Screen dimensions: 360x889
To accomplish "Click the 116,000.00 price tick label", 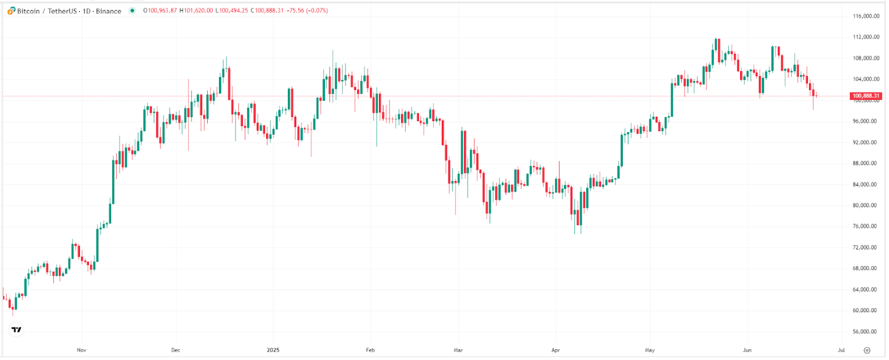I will pos(866,16).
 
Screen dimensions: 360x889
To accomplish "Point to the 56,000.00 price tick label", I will pos(866,332).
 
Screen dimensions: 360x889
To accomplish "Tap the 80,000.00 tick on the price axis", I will pos(866,206).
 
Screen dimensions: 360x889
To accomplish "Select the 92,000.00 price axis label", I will pos(866,142).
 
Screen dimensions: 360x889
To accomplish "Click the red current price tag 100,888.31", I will pos(866,96).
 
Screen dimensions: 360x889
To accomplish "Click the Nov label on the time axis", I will pos(82,350).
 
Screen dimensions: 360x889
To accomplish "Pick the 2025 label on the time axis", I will pos(273,350).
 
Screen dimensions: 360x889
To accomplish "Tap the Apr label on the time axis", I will pos(556,350).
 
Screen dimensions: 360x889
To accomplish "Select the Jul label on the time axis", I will pos(841,350).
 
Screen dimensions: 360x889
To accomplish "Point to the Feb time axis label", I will pos(370,350).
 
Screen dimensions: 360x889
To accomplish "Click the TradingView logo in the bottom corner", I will pos(17,329).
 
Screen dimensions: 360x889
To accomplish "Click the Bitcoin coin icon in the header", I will pos(11,11).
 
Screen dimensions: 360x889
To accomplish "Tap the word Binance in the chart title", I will pos(108,11).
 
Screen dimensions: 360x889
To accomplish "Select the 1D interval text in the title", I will pos(87,11).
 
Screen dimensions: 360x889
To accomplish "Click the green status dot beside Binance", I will pos(132,11).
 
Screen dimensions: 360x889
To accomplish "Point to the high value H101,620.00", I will pos(196,11).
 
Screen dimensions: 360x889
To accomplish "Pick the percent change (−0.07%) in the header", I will pos(317,11).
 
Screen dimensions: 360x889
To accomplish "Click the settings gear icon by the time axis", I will pos(867,350).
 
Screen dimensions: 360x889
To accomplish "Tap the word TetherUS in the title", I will pos(62,11).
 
